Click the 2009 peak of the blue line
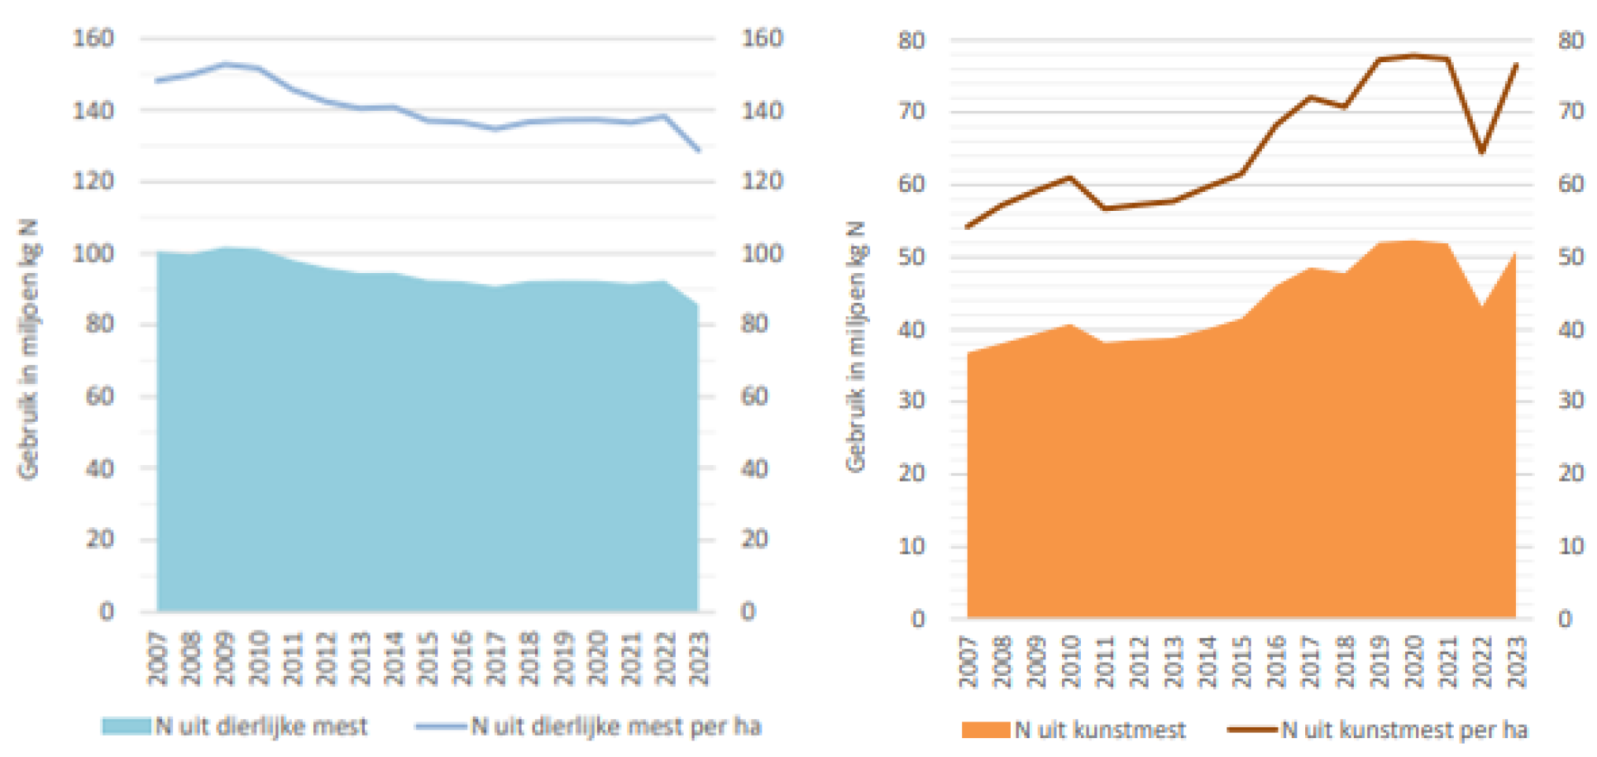click(x=225, y=64)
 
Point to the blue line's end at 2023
click(x=698, y=150)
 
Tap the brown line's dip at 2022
click(x=1481, y=152)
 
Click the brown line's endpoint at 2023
click(x=1516, y=65)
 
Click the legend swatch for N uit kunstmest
click(x=985, y=730)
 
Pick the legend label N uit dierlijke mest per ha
click(x=616, y=726)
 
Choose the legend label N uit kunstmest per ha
click(x=1404, y=730)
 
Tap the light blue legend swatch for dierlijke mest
click(x=126, y=726)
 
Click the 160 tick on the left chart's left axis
click(x=93, y=38)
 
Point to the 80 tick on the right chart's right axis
click(x=1570, y=40)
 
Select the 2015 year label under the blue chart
click(x=427, y=658)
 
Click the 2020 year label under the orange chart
click(x=1414, y=661)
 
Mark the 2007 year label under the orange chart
click(x=968, y=661)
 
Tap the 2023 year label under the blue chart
click(x=699, y=658)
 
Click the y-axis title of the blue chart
click(x=28, y=349)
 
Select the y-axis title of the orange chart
click(x=855, y=346)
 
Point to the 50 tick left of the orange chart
click(x=912, y=257)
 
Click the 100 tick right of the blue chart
click(x=762, y=253)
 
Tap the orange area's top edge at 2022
click(x=1481, y=306)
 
